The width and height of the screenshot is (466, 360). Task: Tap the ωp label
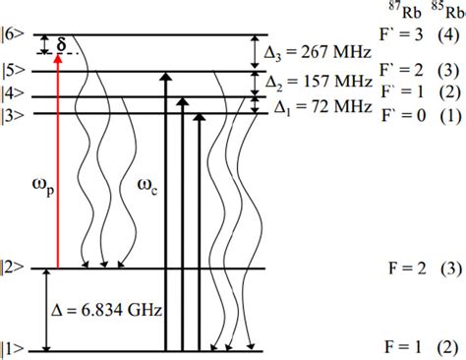coord(41,184)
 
